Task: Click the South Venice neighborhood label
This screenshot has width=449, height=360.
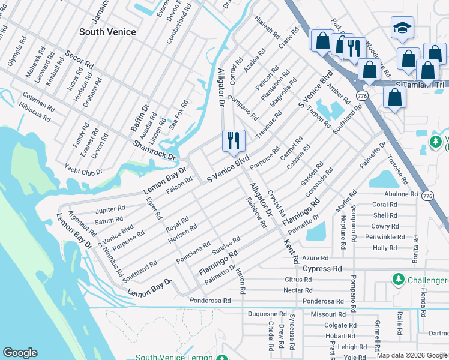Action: coord(107,32)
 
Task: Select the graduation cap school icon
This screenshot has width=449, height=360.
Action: coord(402,28)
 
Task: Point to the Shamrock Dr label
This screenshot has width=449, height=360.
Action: coord(154,150)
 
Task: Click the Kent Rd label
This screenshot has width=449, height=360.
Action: coord(291,251)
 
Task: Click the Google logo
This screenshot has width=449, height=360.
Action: coord(20,353)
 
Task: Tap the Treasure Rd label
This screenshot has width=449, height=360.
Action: coord(268,124)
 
